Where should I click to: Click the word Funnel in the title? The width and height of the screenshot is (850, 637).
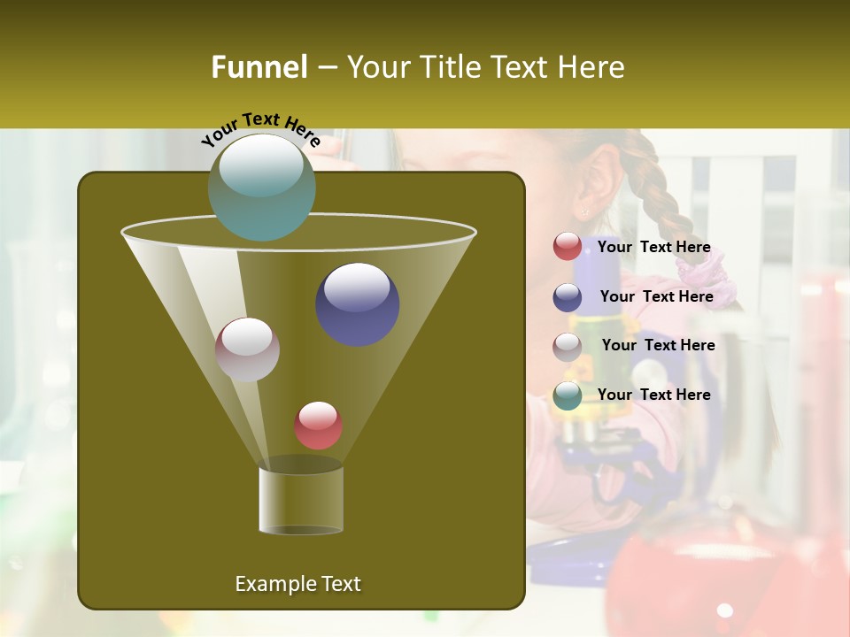tap(259, 67)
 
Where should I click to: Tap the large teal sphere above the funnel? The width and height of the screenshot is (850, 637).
tap(262, 187)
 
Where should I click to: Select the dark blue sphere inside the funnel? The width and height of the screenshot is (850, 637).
tap(358, 303)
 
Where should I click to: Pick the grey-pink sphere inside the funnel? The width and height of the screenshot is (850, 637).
tap(248, 349)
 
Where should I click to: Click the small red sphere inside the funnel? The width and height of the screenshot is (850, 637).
tap(318, 426)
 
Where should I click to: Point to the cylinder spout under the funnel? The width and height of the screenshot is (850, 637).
tap(301, 500)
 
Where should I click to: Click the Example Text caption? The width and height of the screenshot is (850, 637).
tap(297, 584)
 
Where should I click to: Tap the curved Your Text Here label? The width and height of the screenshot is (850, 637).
tap(260, 129)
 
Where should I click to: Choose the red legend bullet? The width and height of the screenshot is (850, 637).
tap(568, 247)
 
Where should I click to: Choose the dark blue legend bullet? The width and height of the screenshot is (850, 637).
tap(568, 297)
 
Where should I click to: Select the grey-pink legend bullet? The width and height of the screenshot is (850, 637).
tap(568, 347)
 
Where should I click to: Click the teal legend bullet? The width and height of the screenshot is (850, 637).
tap(568, 395)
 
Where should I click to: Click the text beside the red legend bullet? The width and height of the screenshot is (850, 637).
tap(653, 248)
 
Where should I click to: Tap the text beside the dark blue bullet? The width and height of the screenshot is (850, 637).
tap(656, 297)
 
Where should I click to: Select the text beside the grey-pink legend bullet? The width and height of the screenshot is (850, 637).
tap(658, 346)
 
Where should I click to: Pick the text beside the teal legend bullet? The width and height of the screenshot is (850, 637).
tap(653, 395)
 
